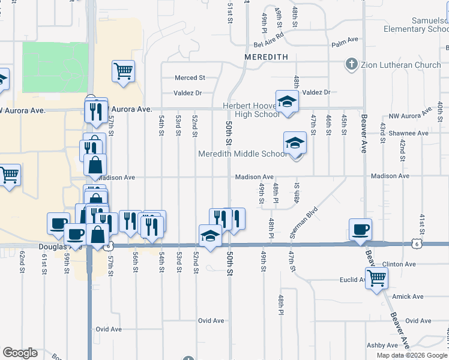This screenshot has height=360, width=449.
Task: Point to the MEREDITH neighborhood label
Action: pyautogui.click(x=266, y=56)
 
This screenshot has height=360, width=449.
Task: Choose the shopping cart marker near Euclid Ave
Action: pyautogui.click(x=376, y=277)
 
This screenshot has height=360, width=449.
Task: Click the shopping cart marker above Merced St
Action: pyautogui.click(x=123, y=71)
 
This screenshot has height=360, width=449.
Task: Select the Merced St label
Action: pyautogui.click(x=190, y=78)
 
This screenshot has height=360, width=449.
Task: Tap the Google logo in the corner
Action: pyautogui.click(x=20, y=353)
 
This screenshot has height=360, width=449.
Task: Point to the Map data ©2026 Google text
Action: pyautogui.click(x=412, y=355)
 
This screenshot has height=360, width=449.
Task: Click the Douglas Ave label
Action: pyautogui.click(x=60, y=247)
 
